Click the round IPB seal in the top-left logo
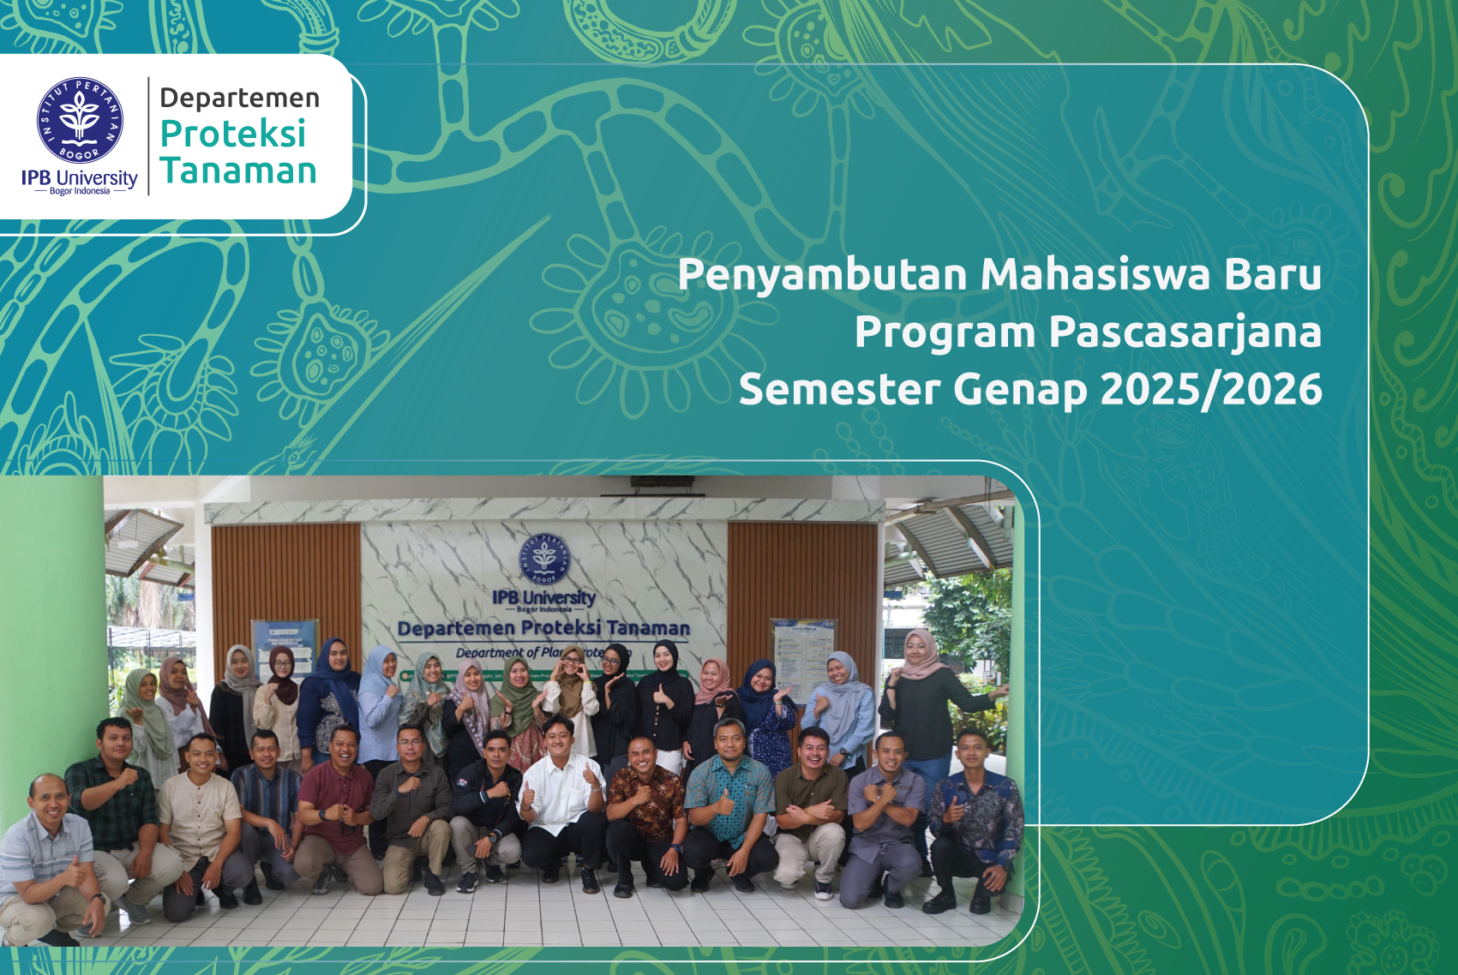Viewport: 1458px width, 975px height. [x=80, y=120]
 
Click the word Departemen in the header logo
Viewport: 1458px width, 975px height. [x=239, y=99]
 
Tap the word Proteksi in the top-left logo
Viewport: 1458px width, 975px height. [x=233, y=135]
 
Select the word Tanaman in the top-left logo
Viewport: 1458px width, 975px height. [x=238, y=171]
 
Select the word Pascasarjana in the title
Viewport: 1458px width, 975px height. [x=1185, y=332]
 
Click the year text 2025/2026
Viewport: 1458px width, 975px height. [x=1211, y=390]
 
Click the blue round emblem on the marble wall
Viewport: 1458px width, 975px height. [x=543, y=559]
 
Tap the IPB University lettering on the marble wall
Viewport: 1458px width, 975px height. [x=543, y=598]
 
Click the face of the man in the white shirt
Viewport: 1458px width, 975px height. [x=560, y=738]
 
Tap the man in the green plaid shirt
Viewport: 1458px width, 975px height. [x=113, y=797]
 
